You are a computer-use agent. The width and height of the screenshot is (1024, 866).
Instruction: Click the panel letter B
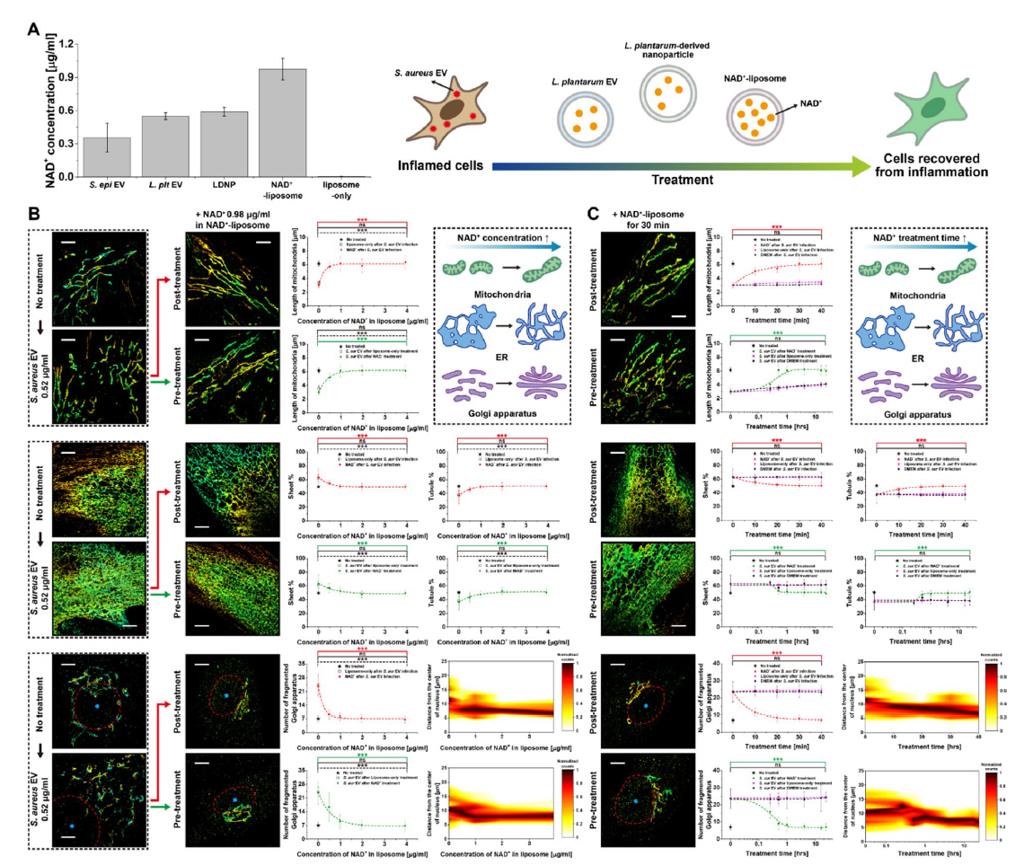(x=33, y=216)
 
